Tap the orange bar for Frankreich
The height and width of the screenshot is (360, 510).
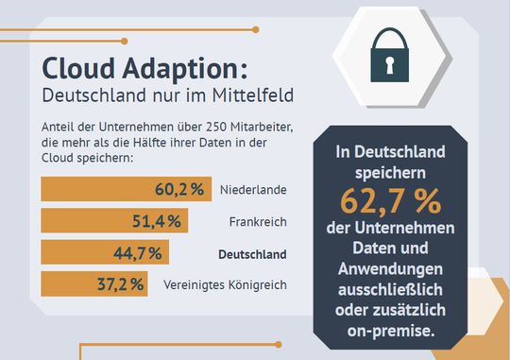click(114, 221)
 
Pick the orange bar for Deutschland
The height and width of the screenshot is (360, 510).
click(104, 252)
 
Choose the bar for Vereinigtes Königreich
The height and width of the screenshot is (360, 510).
click(93, 283)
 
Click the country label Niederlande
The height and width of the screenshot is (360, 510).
click(252, 190)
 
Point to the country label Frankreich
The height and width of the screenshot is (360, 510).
click(257, 221)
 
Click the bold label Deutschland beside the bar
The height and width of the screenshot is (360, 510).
click(252, 253)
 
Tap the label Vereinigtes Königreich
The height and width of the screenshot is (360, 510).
click(225, 284)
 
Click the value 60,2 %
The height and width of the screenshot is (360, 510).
click(179, 189)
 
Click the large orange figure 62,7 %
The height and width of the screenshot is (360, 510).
click(390, 203)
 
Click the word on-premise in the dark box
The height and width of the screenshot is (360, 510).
click(390, 331)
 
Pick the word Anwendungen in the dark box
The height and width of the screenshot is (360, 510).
click(390, 268)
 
